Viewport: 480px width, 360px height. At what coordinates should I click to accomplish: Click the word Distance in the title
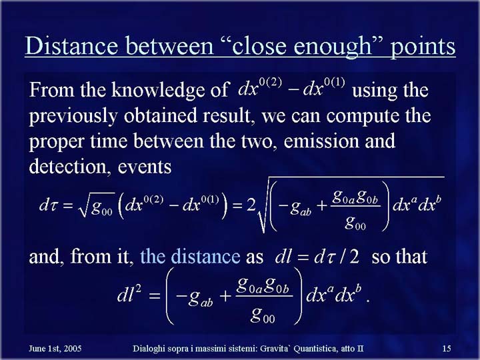[x=71, y=46]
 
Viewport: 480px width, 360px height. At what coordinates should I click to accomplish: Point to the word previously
[x=73, y=117]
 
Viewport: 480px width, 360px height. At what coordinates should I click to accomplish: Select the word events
[x=144, y=167]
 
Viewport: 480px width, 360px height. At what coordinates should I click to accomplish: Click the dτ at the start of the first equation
[x=49, y=205]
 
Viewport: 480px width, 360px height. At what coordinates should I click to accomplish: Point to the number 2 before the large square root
[x=251, y=205]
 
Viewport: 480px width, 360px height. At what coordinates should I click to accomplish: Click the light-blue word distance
[x=190, y=257]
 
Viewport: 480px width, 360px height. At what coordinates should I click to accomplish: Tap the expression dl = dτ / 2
[x=317, y=257]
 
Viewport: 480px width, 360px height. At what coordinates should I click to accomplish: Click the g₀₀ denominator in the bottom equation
[x=263, y=315]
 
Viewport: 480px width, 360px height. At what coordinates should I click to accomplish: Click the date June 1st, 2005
[x=55, y=349]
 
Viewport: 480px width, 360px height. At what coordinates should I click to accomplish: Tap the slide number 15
[x=447, y=349]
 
